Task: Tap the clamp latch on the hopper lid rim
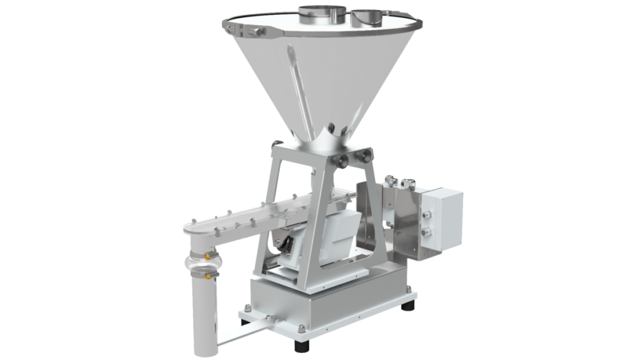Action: [250, 29]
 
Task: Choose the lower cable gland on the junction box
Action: [428, 232]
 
